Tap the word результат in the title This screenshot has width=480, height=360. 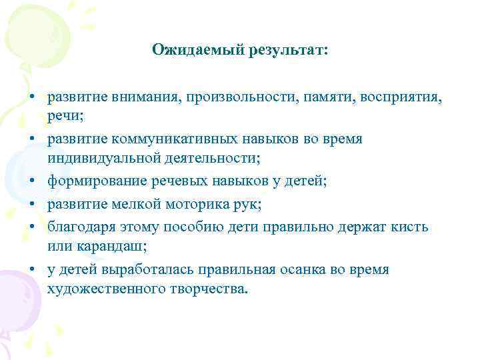[280, 49]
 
